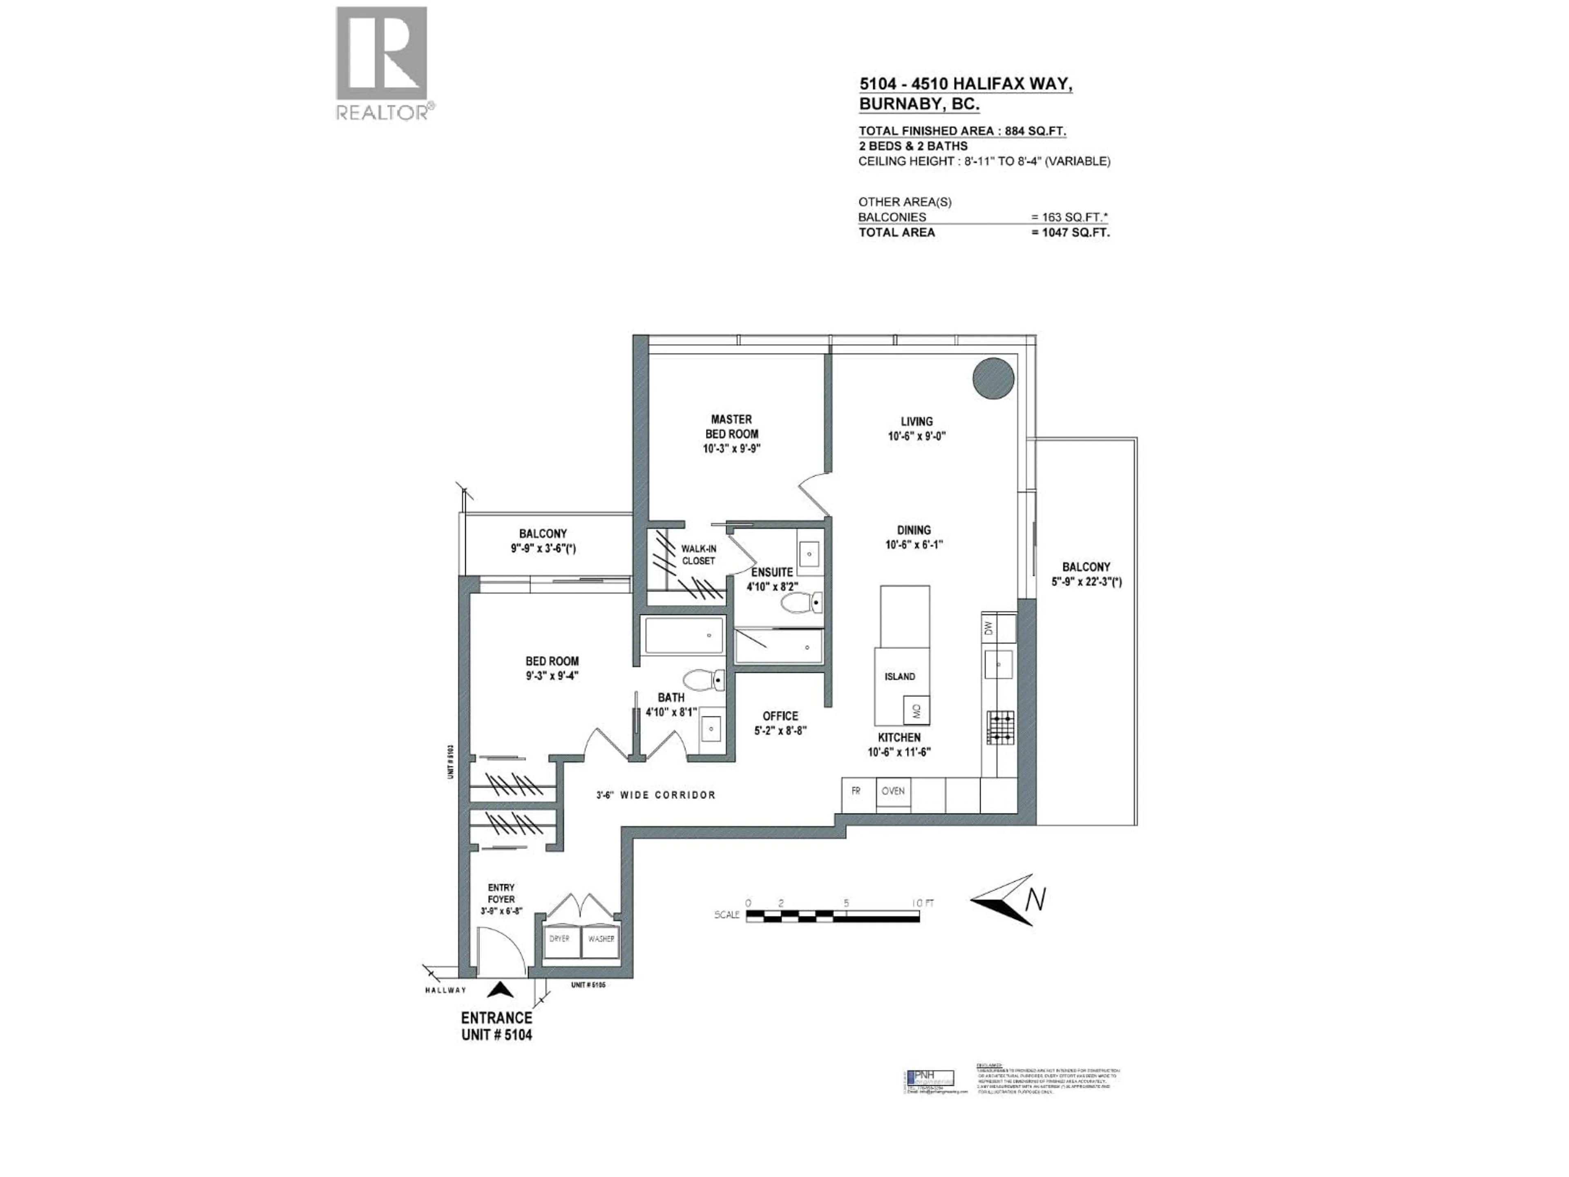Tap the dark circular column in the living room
(992, 378)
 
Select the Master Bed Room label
(731, 434)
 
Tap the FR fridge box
(856, 791)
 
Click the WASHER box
(601, 939)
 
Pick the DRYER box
(560, 939)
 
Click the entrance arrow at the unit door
(501, 990)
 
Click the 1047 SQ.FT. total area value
(1071, 233)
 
